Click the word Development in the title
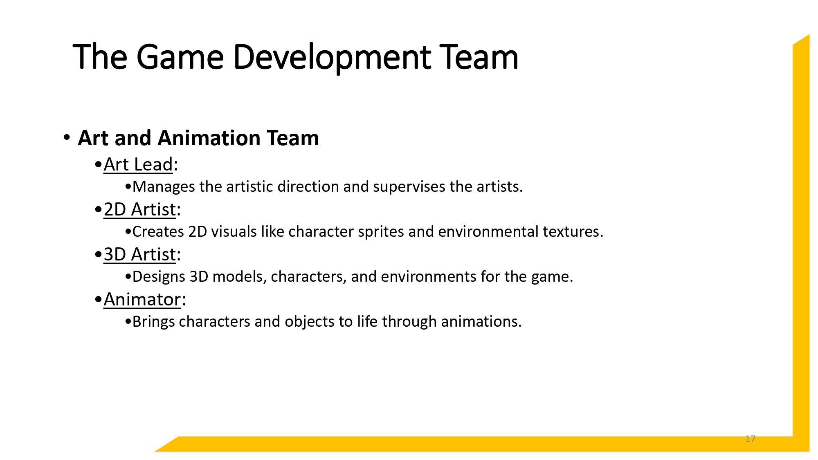(x=332, y=57)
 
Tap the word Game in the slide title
(x=180, y=57)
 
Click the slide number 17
(x=750, y=439)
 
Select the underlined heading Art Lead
(x=138, y=165)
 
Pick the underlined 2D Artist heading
(x=139, y=210)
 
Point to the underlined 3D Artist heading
(x=139, y=255)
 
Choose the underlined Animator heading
(x=142, y=300)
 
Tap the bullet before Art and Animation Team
(x=67, y=137)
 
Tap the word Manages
(x=164, y=187)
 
